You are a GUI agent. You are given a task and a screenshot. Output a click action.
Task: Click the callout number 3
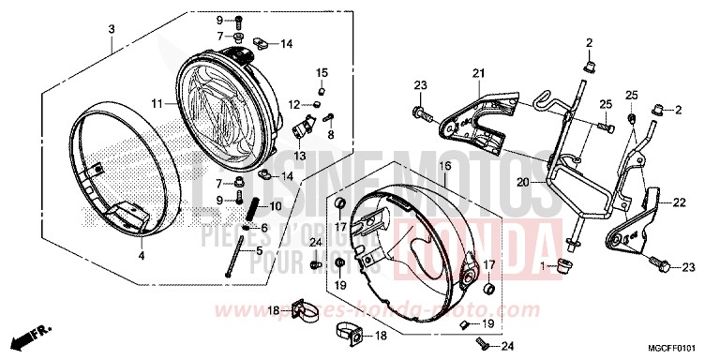pyautogui.click(x=112, y=29)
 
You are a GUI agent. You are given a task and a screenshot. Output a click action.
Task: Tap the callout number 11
pyautogui.click(x=158, y=102)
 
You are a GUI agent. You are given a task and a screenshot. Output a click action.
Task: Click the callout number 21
pyautogui.click(x=476, y=74)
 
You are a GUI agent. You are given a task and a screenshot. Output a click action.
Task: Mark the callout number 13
pyautogui.click(x=301, y=155)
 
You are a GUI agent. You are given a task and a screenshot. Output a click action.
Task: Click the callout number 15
pyautogui.click(x=322, y=73)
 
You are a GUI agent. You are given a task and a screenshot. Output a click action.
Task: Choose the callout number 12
pyautogui.click(x=292, y=104)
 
